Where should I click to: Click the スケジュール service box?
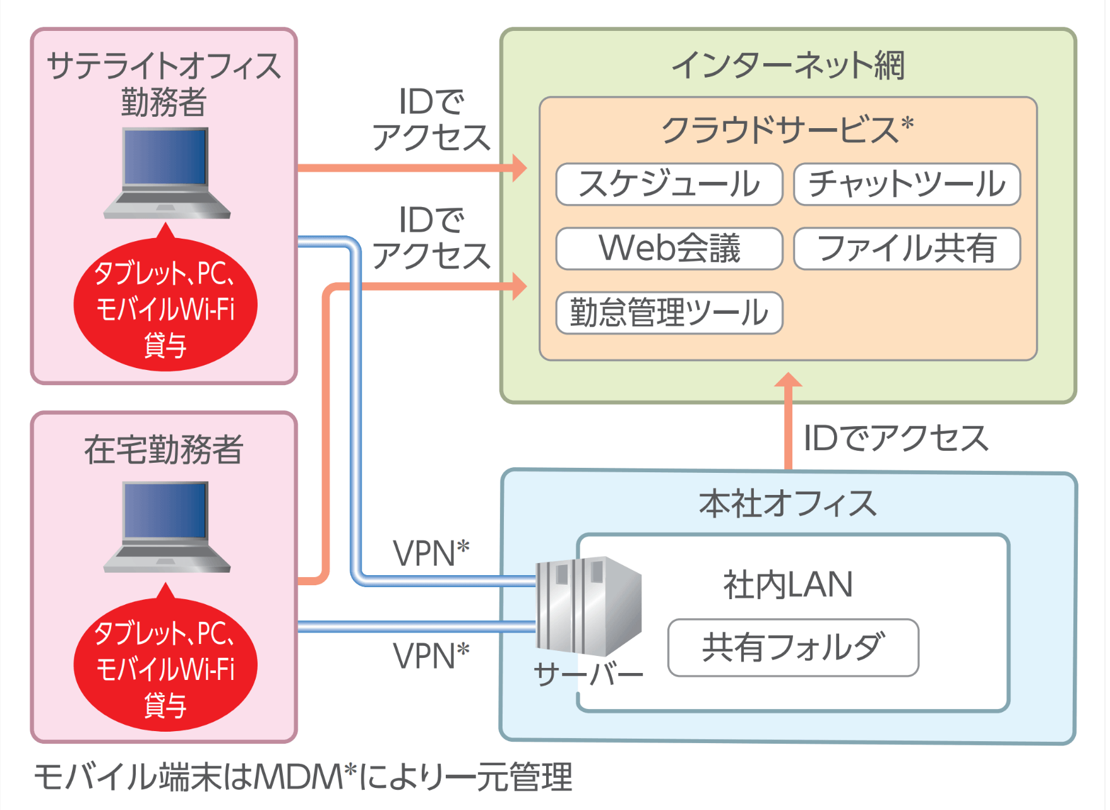[x=669, y=184]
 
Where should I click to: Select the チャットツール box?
[x=907, y=184]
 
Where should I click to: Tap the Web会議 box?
[x=669, y=249]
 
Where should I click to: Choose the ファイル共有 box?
[x=907, y=249]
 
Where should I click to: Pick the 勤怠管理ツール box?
[x=669, y=313]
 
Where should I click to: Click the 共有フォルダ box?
[x=793, y=648]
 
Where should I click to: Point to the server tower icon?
[x=588, y=606]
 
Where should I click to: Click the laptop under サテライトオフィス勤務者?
[x=167, y=173]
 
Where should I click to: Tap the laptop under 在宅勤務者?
[x=167, y=527]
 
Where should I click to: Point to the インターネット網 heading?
[x=788, y=65]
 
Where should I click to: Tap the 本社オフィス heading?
[x=788, y=504]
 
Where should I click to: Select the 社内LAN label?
[x=788, y=585]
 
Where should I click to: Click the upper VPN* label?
[x=431, y=553]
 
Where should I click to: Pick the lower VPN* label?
[x=431, y=655]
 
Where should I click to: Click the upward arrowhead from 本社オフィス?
[x=788, y=380]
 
